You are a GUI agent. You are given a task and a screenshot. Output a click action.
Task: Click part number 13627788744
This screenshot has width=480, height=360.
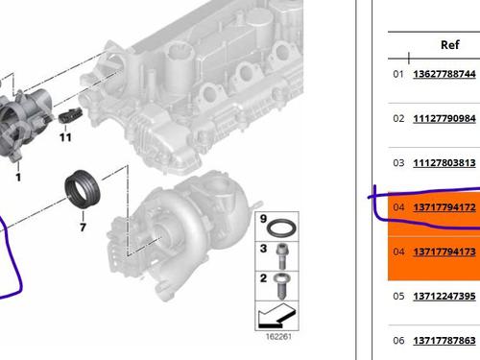point(444,74)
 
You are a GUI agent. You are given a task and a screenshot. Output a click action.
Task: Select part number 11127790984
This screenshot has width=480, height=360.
point(444,118)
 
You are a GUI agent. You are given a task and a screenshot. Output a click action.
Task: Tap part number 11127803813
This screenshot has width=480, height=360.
point(444,163)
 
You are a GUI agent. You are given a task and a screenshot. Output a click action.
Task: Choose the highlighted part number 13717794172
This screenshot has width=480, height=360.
point(444,207)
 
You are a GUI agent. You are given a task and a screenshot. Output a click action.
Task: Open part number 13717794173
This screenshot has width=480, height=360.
point(444,252)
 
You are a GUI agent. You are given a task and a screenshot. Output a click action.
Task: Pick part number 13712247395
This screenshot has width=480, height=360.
point(444,297)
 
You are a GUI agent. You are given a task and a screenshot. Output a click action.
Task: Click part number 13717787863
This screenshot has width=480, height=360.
point(444,341)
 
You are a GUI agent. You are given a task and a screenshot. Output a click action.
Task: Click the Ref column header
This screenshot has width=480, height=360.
point(450,45)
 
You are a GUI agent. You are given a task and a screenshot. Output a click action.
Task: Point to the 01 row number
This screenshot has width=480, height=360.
point(398,74)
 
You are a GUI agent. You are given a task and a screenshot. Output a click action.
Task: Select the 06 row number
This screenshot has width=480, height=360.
point(398,341)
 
